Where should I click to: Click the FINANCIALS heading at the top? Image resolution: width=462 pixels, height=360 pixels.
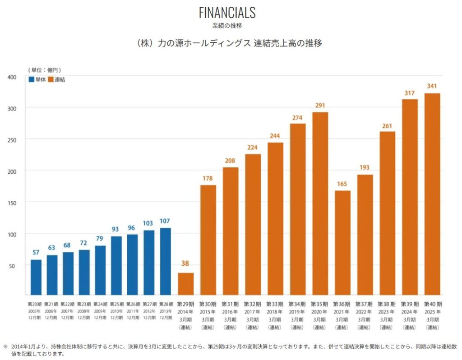227,12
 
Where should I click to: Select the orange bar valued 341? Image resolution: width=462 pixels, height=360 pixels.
432,194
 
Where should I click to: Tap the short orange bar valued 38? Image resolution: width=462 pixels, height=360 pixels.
186,284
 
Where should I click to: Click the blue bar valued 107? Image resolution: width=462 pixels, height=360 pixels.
165,261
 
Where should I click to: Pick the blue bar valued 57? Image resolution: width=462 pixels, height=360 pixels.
36,277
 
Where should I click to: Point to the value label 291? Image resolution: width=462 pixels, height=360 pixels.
320,106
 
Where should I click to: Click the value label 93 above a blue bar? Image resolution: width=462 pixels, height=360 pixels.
116,229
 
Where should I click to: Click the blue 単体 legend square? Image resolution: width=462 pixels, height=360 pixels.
32,79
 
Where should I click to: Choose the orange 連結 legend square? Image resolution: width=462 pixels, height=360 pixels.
51,79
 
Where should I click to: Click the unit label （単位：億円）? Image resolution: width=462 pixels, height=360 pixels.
45,70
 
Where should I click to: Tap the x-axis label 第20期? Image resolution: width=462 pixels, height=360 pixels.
36,304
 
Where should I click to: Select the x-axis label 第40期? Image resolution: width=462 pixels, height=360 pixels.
433,304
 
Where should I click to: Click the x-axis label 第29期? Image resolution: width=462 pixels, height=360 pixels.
186,304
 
